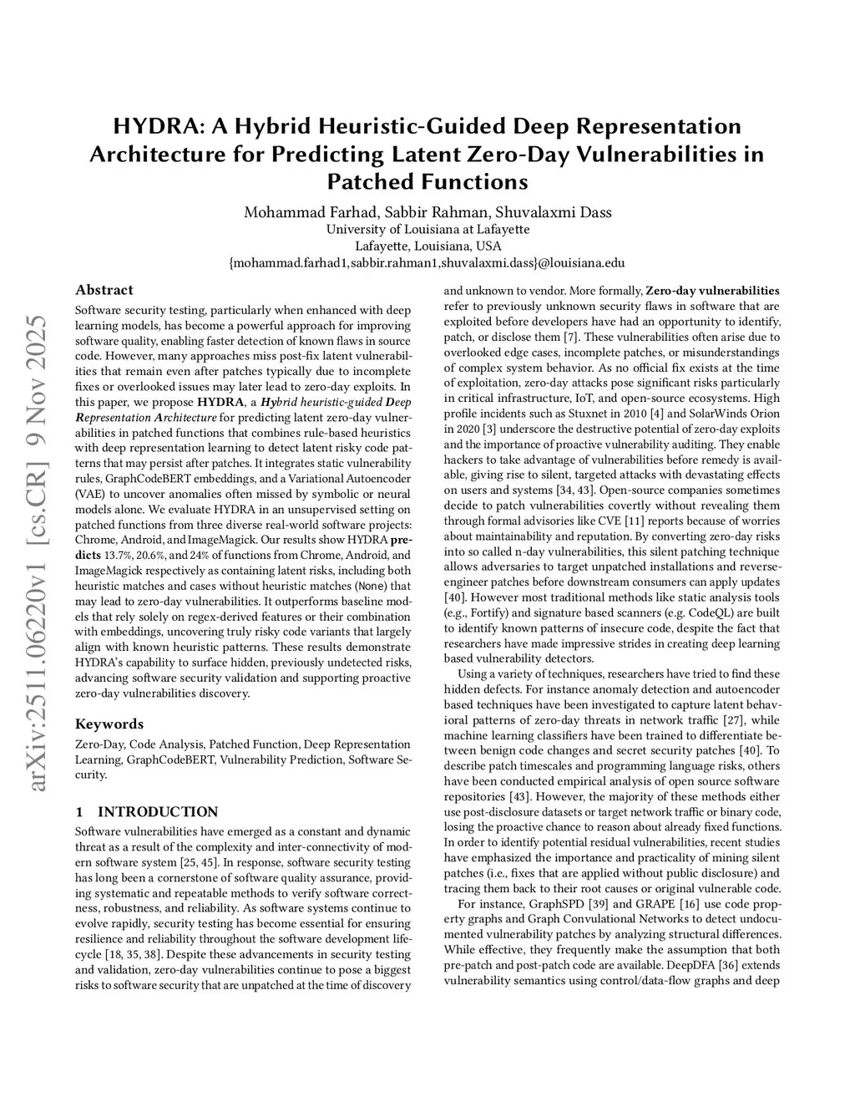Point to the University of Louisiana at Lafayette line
[427, 230]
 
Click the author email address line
[427, 263]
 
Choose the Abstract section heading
[104, 290]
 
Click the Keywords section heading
[109, 724]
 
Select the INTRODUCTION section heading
[158, 811]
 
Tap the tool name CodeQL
[711, 612]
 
